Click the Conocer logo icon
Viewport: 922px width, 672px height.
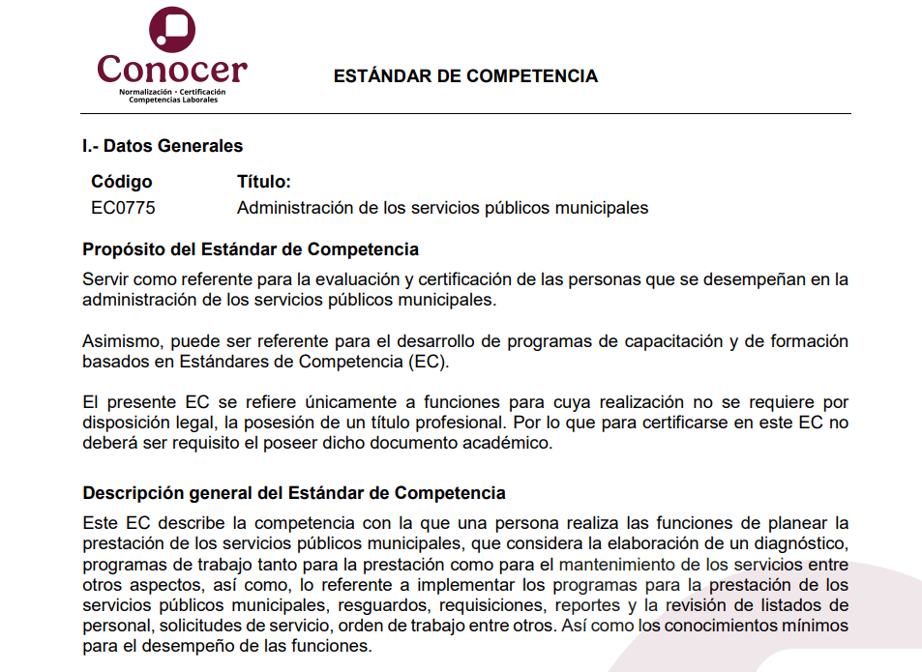pos(172,29)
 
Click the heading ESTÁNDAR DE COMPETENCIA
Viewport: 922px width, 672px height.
pos(465,76)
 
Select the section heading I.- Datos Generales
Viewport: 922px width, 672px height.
pos(163,146)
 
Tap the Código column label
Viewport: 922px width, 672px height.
pos(122,182)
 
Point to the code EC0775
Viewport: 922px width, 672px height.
pos(123,208)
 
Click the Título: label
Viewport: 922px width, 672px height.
pos(264,182)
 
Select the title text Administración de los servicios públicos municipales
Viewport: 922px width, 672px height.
pos(442,208)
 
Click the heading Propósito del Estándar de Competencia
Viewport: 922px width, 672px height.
pos(251,249)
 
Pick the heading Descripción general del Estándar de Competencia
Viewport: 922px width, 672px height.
pos(294,493)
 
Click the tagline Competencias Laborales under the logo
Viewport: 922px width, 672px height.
pos(173,100)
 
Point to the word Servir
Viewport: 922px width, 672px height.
pos(105,280)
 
